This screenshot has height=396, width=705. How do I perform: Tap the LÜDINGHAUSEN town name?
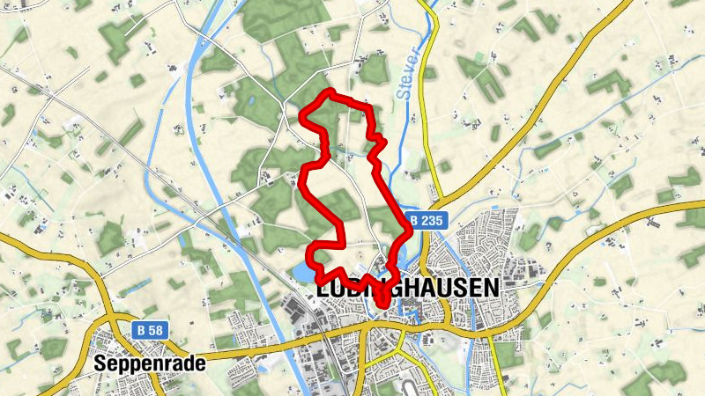point(406,288)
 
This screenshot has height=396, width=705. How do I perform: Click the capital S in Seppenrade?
point(100,363)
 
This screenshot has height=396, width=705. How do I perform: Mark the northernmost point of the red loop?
point(330,92)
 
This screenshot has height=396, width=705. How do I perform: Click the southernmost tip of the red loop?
point(383,304)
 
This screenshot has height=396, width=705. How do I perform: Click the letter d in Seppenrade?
point(189,363)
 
